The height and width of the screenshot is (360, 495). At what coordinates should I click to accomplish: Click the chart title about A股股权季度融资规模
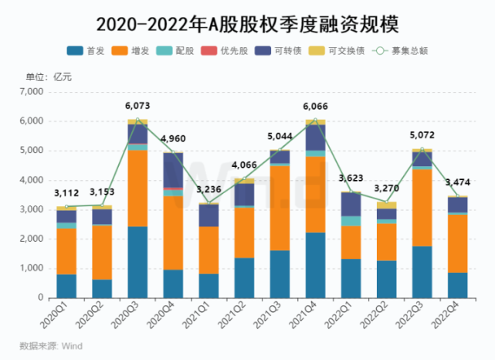pyautogui.click(x=247, y=24)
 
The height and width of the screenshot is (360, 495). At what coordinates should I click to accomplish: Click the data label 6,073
pyautogui.click(x=137, y=106)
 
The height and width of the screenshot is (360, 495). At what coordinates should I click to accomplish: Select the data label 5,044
pyautogui.click(x=280, y=136)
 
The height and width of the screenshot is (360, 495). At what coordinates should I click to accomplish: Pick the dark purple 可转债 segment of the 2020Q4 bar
pyautogui.click(x=173, y=170)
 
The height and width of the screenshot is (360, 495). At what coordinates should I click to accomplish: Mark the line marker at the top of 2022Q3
pyautogui.click(x=422, y=149)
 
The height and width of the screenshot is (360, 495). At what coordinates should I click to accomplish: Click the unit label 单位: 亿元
pyautogui.click(x=49, y=76)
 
